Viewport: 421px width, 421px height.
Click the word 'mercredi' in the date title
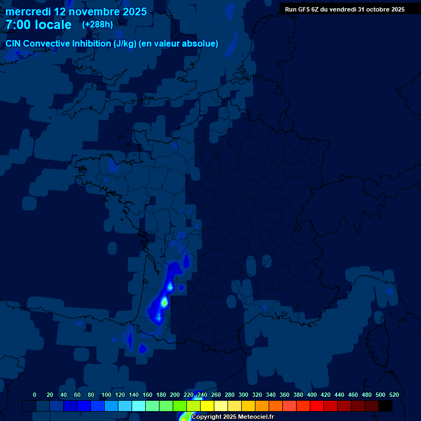tap(28, 12)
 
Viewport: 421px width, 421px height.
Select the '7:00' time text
tap(18, 25)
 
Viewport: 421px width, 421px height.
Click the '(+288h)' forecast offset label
tap(97, 25)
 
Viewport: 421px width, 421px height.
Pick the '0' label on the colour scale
tap(35, 395)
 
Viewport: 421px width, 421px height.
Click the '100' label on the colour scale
tap(106, 395)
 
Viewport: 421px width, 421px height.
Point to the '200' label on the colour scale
tap(175, 395)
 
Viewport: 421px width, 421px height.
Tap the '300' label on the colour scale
tap(243, 395)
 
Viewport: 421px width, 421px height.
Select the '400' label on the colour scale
tap(312, 395)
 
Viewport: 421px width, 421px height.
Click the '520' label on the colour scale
tap(394, 395)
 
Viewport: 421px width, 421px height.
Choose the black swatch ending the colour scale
tap(385, 406)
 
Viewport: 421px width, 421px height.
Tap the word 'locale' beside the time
tap(53, 25)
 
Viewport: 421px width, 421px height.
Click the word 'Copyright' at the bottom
tap(207, 417)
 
